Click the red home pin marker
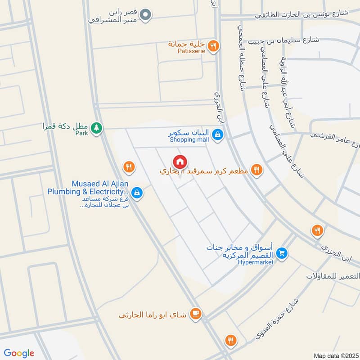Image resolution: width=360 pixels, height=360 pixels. click(180, 161)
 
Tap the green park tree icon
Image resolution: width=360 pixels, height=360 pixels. click(96, 129)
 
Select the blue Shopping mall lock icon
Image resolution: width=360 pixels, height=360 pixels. click(217, 134)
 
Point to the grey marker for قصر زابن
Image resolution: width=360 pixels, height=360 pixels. click(145, 15)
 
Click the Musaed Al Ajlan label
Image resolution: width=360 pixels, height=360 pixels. click(98, 184)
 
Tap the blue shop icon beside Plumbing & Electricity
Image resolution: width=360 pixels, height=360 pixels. click(137, 193)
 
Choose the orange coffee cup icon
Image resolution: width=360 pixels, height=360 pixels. click(195, 314)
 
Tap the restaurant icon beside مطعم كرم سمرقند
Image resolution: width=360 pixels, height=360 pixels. click(256, 170)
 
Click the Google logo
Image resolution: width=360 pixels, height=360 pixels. click(18, 353)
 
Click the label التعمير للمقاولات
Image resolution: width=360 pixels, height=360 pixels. click(333, 275)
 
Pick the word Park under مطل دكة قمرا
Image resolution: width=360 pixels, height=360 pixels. click(81, 133)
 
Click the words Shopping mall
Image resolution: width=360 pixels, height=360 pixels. click(189, 139)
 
